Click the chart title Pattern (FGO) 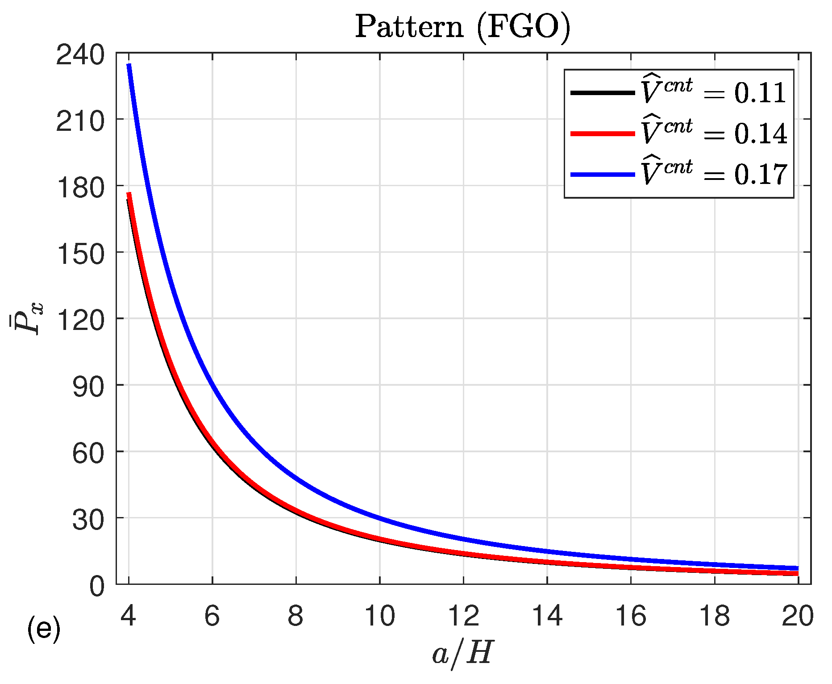coord(462,28)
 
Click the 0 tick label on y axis coord(97,586)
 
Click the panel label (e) coord(44,629)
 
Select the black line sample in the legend coord(603,93)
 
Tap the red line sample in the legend coord(603,133)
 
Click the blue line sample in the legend coord(603,174)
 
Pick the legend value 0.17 coord(761,175)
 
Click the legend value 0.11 coord(760,93)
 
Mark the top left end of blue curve coord(129,65)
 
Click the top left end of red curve coord(129,194)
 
